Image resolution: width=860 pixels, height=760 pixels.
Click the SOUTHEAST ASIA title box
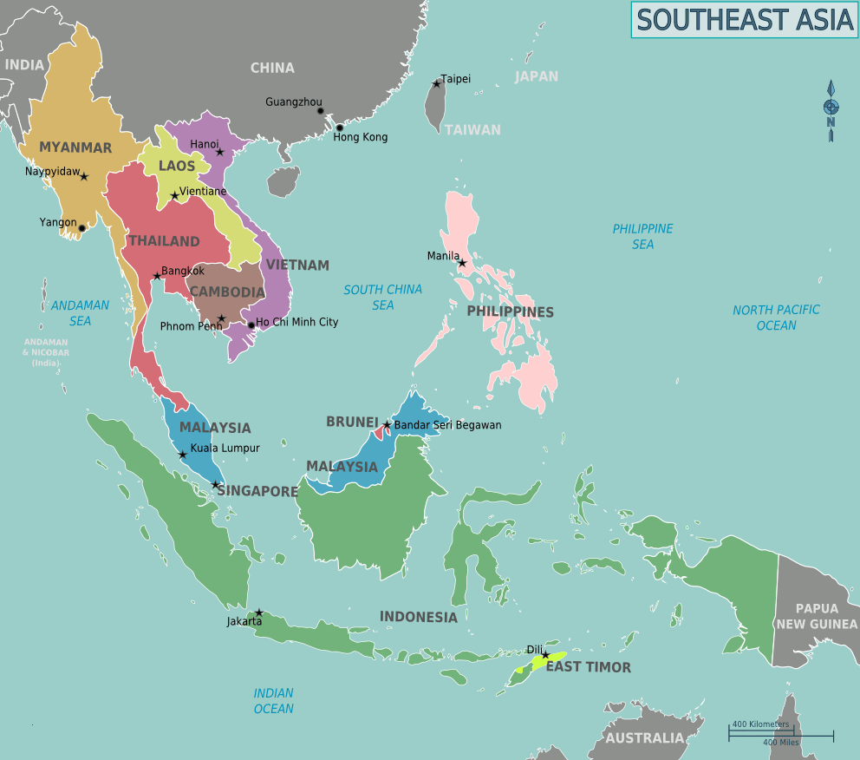point(744,20)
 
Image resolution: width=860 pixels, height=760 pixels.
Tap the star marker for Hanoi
point(220,152)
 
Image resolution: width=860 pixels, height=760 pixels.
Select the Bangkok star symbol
point(157,277)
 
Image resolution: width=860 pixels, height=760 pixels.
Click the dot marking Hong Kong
point(339,128)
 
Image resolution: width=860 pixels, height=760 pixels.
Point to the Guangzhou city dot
point(320,111)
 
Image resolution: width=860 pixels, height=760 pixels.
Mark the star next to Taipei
point(436,84)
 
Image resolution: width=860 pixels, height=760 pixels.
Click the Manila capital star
point(462,263)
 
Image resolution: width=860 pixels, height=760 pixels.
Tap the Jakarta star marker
point(258,613)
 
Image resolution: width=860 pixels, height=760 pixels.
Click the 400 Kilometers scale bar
point(761,731)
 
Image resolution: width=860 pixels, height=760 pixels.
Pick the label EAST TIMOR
point(588,667)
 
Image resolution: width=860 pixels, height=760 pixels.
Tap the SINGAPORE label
point(257,491)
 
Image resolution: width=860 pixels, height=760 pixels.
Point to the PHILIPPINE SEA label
point(642,237)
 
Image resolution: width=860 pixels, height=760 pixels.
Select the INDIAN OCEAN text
point(273,701)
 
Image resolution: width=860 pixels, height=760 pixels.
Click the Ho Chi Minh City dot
point(251,326)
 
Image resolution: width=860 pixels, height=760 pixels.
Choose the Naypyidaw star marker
point(84,177)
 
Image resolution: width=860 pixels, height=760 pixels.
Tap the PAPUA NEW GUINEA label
point(816,617)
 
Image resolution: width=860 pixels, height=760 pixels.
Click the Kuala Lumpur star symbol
point(182,455)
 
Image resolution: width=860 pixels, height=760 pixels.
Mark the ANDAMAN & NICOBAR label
point(46,352)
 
